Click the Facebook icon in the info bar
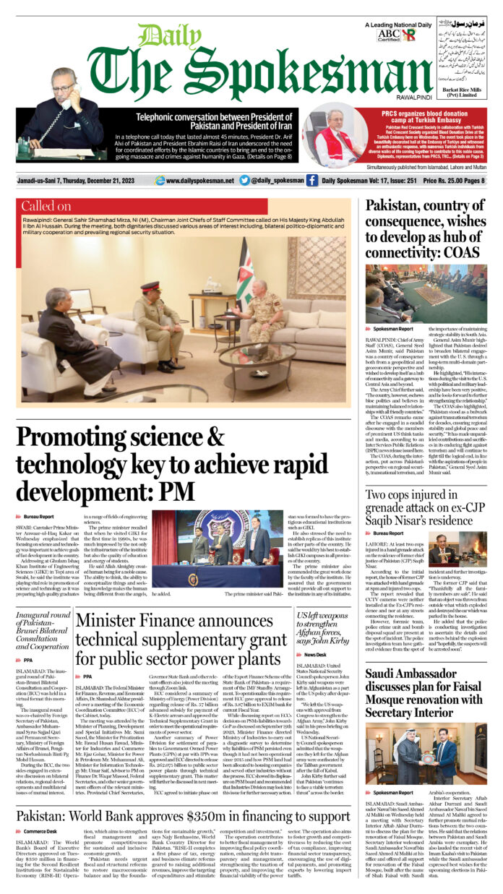click(x=312, y=180)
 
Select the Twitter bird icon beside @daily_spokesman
click(x=244, y=180)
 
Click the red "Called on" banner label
click(x=46, y=206)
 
